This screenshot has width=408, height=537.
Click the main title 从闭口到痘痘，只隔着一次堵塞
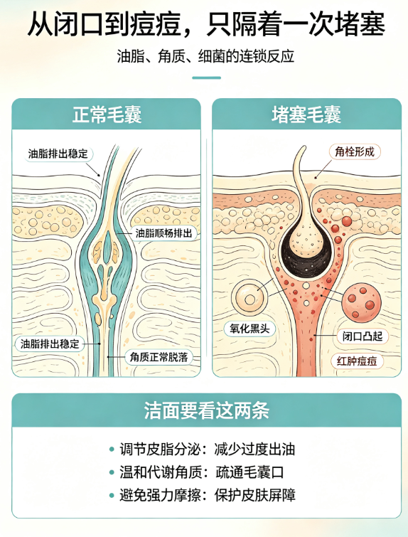point(206,24)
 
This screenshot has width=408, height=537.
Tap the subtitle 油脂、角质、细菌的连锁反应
point(205,56)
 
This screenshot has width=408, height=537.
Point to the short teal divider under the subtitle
point(206,78)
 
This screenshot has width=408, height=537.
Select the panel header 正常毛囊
point(107,114)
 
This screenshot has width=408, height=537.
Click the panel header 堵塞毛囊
point(306,114)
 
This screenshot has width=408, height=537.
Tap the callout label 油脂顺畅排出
point(163,233)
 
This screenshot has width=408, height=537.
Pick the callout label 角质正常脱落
point(159,357)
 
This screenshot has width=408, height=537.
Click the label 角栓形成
point(355,151)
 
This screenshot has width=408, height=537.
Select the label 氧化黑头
point(249,329)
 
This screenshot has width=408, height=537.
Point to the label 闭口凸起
point(363,336)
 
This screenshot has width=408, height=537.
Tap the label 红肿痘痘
point(357,361)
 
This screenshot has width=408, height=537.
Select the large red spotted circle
point(361,302)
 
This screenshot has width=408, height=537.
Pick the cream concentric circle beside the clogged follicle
point(249,297)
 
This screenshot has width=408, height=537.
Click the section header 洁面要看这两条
point(206,410)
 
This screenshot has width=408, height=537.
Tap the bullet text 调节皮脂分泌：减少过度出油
point(207,449)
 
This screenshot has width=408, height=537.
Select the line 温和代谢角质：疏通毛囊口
point(202,472)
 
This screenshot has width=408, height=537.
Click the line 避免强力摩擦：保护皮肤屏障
point(207,495)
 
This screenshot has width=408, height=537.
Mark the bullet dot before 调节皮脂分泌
point(112,449)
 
